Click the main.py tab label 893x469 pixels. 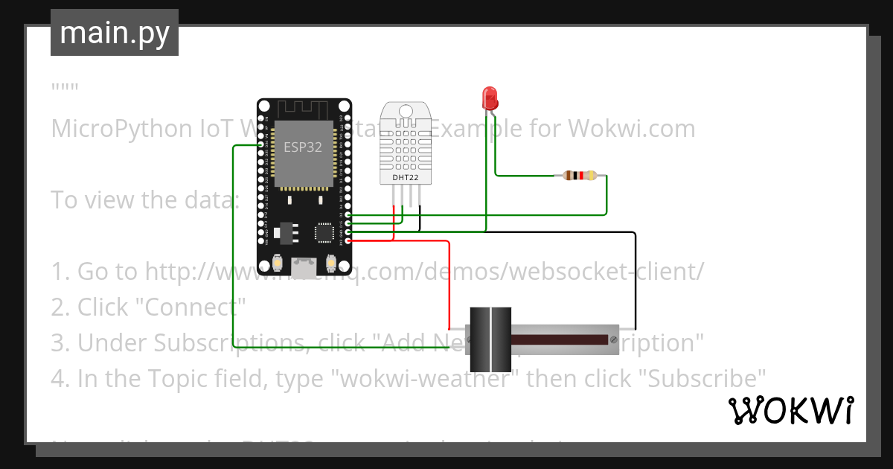[x=114, y=33]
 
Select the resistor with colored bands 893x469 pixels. [x=580, y=176]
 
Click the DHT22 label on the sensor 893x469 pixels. [x=405, y=178]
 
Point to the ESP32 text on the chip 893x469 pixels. [x=303, y=147]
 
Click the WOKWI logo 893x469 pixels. [x=790, y=410]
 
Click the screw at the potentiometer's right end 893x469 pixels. [x=614, y=339]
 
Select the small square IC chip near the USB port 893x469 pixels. [x=324, y=232]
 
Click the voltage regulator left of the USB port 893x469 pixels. [x=285, y=233]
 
